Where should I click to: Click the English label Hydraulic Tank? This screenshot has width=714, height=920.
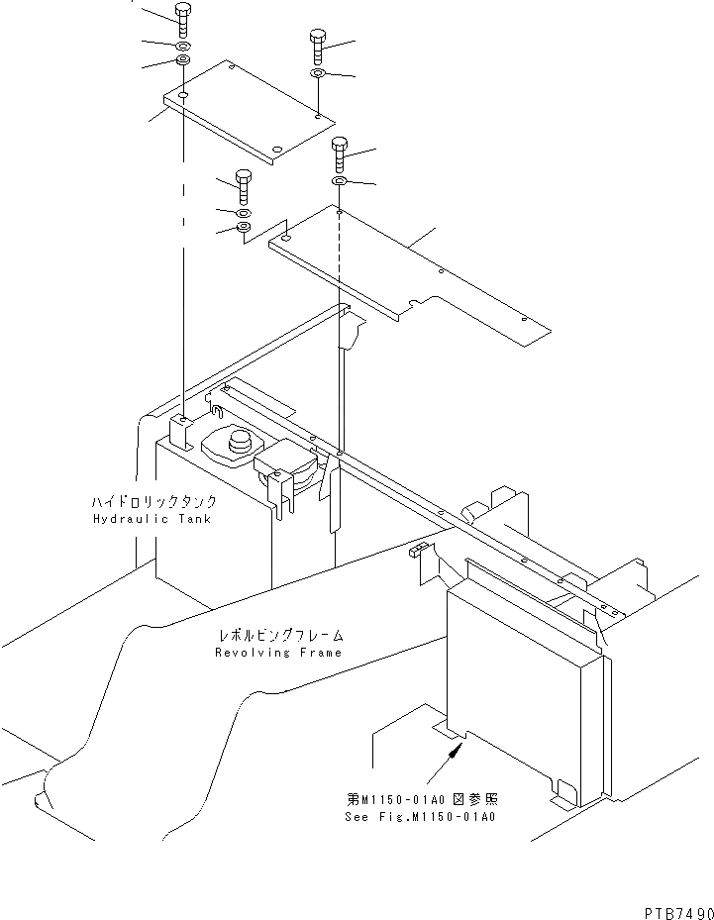[x=152, y=519]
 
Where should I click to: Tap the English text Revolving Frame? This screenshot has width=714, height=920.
[x=278, y=653]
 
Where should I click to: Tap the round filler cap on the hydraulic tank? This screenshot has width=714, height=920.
[x=238, y=443]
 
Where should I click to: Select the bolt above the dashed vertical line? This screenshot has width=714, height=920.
[x=339, y=153]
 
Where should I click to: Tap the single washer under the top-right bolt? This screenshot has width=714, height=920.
[x=317, y=74]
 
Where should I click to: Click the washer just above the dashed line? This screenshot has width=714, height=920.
[x=339, y=182]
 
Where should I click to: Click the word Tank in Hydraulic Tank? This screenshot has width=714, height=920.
[x=193, y=519]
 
